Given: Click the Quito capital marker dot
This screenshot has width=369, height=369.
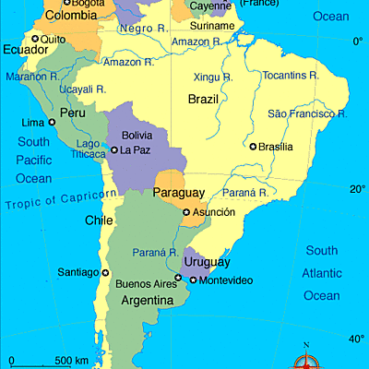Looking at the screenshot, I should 36,38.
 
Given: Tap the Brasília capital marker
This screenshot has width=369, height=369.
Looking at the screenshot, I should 253,146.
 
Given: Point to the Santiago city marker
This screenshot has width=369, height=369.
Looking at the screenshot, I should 105,272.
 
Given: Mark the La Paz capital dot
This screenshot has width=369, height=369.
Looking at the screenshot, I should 113,149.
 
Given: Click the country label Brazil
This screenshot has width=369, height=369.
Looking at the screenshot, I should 203,98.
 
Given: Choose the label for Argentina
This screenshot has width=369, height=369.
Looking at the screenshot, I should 143,301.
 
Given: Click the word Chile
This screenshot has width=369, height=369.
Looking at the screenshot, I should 99,220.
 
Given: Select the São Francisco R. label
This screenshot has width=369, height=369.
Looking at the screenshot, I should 307,113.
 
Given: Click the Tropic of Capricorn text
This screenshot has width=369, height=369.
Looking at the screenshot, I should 61,198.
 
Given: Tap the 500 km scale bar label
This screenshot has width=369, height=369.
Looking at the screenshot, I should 71,360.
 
